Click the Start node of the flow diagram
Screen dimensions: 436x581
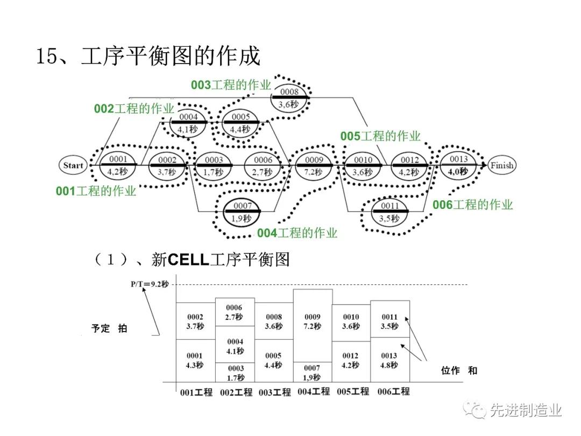point(73,165)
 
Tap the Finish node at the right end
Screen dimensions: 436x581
point(501,165)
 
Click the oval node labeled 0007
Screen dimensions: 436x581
point(242,212)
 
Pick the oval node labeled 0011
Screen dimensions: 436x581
point(389,212)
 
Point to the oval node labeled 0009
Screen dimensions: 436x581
point(314,165)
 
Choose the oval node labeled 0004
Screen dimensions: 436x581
point(188,123)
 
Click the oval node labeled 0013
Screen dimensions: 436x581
point(458,165)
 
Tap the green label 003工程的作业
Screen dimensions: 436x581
point(231,85)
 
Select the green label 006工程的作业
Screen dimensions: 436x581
point(472,205)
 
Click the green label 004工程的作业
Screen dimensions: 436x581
point(297,233)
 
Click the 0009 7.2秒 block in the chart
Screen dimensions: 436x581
point(313,322)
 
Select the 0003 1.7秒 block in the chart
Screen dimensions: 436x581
point(235,372)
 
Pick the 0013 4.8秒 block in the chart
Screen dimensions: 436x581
point(389,360)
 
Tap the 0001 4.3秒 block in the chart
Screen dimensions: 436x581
point(195,360)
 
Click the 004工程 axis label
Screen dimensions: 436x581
point(314,391)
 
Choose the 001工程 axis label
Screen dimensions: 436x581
point(196,392)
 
